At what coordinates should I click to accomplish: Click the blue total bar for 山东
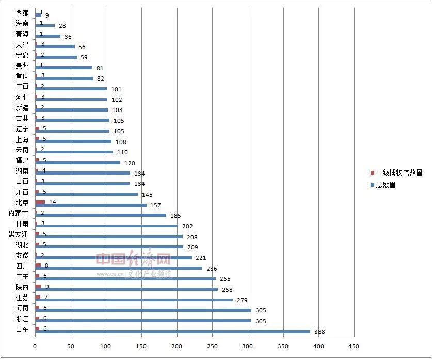pyautogui.click(x=172, y=332)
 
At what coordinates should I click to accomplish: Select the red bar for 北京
pyautogui.click(x=40, y=202)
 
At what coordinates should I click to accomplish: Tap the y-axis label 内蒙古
pyautogui.click(x=19, y=213)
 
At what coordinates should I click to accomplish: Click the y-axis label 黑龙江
pyautogui.click(x=19, y=234)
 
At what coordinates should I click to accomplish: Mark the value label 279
pyautogui.click(x=242, y=300)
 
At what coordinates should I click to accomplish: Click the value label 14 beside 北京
pyautogui.click(x=53, y=202)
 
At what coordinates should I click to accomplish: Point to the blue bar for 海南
pyautogui.click(x=45, y=25)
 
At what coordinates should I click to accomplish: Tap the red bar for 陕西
pyautogui.click(x=38, y=286)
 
